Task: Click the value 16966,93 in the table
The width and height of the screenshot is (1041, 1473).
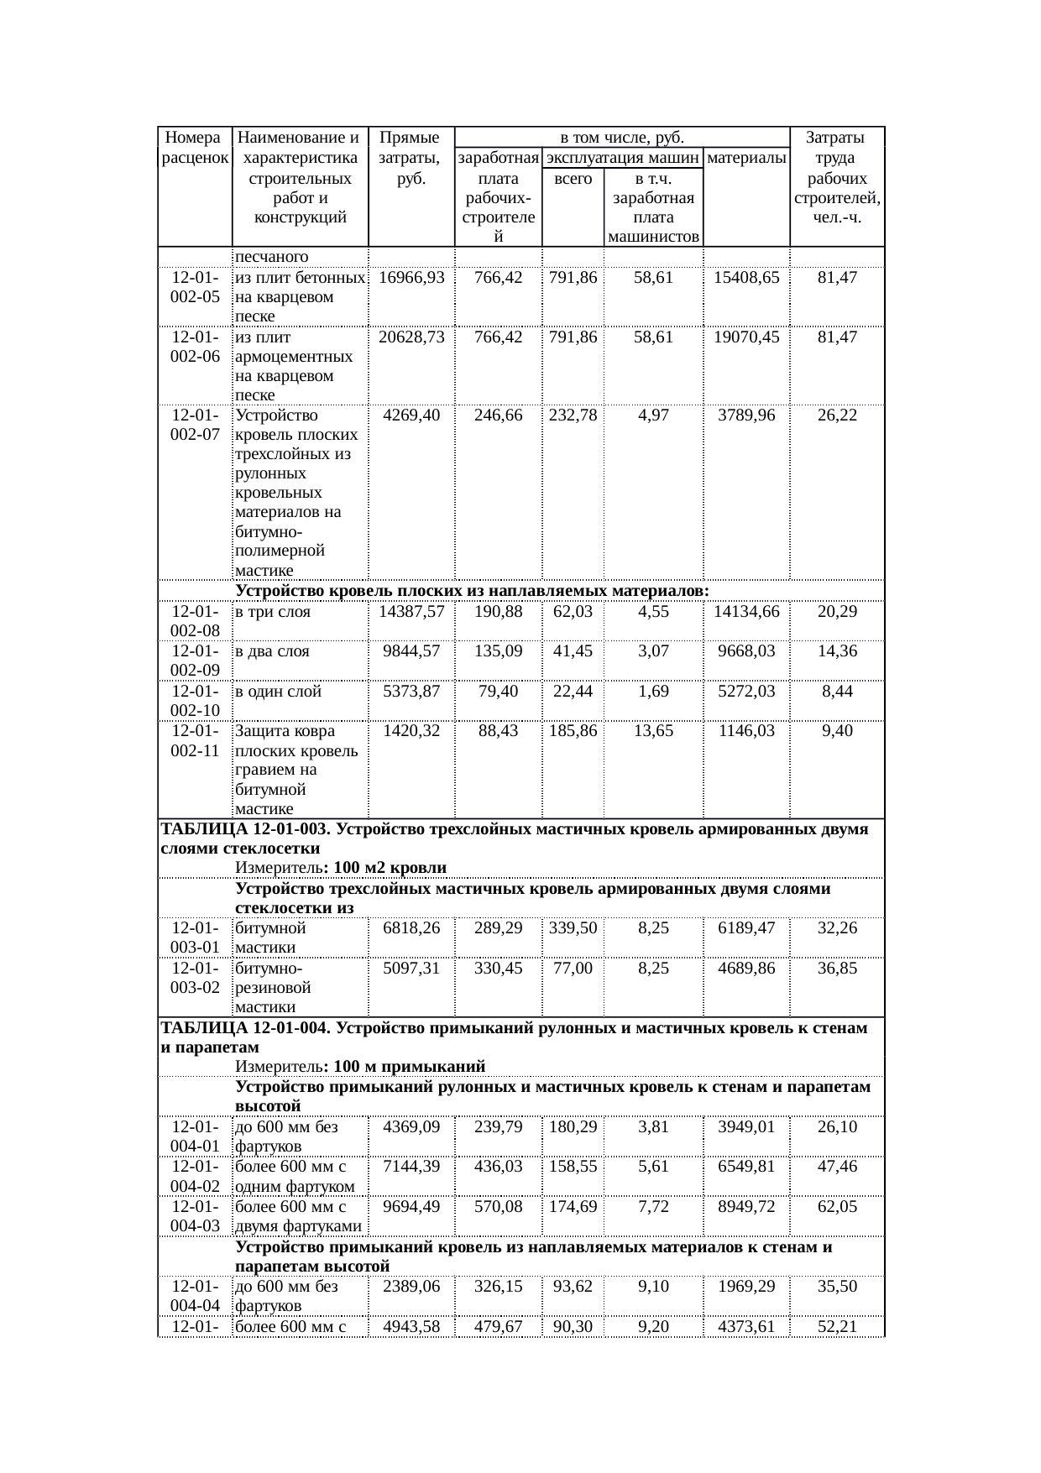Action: pos(411,277)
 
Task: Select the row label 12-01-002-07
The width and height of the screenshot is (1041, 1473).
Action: pos(195,425)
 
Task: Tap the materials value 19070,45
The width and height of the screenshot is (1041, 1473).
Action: pos(745,337)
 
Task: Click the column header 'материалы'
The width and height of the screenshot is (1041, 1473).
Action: pos(745,157)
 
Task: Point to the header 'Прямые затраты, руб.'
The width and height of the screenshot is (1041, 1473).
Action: pos(411,158)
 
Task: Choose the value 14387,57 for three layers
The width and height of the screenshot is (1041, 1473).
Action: pos(411,612)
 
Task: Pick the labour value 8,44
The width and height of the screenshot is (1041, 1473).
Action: pos(837,691)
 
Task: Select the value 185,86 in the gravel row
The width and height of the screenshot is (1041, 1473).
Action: pos(573,731)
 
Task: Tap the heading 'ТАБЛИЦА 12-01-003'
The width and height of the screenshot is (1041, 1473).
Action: pos(242,829)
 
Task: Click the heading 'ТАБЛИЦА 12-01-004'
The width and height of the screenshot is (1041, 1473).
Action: pos(242,1028)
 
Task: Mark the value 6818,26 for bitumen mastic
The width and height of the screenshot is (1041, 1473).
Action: pos(411,928)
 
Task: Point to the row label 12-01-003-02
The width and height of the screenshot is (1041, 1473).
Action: pos(195,978)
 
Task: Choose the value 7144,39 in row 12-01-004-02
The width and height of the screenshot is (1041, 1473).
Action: pos(411,1167)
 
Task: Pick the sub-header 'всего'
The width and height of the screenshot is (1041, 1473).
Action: pos(573,178)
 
